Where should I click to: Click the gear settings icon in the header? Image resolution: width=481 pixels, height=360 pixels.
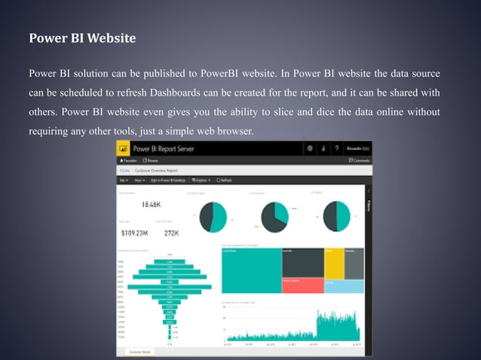point(311,149)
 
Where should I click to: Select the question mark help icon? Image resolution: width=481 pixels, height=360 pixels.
point(336,149)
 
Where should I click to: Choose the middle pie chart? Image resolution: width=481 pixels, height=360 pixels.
point(272,216)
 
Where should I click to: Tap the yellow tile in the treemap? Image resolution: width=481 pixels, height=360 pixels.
point(334,263)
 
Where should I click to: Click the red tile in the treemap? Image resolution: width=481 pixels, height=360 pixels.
point(302,285)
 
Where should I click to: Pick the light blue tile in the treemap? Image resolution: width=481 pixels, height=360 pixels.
point(344,285)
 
